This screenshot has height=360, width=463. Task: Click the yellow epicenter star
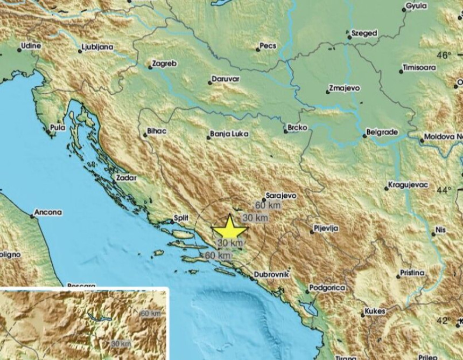[230, 228]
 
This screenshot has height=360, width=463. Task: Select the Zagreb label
[165, 64]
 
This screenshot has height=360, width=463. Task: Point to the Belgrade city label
[382, 131]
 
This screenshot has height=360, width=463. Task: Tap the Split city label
[180, 218]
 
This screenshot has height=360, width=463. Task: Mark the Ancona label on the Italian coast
[48, 213]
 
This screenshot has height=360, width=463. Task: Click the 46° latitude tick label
[444, 56]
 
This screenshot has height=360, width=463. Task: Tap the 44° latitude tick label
[444, 190]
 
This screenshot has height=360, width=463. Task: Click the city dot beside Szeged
[348, 34]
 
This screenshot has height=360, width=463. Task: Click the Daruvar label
[226, 79]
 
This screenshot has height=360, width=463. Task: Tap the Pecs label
[268, 47]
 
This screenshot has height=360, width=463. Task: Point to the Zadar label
[127, 177]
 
